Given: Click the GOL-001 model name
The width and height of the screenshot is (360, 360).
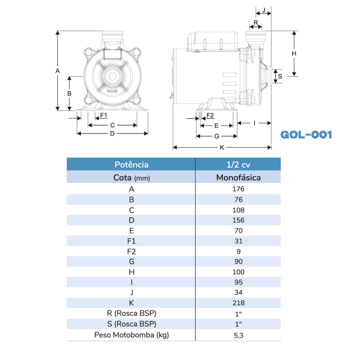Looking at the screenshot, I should pos(306,135).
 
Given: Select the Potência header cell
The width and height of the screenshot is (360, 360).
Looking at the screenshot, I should pos(131,165).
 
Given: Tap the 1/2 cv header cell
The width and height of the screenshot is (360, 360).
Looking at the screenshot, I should pos(238,165).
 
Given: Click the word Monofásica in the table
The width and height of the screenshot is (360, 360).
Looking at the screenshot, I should pos(238,177).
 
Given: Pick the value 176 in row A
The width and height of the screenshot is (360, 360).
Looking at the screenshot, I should pos(238,189).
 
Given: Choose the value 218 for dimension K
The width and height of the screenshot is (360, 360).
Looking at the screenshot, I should pos(238,303).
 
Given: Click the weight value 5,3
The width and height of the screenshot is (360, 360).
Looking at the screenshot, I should pos(238,335).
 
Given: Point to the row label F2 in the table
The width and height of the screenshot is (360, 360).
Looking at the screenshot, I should pos(131,251).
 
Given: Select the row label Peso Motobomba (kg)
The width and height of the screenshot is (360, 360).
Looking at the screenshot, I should pos(131,335).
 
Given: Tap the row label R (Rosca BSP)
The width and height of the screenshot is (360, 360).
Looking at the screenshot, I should pos(131,313).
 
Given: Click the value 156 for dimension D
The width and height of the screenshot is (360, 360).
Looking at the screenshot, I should pos(238,220).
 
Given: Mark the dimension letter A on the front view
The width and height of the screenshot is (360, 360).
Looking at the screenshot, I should pos(57,71).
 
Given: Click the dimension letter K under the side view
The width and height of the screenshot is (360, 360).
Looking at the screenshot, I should pos(222,148).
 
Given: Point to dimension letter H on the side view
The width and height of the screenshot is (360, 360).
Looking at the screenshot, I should pos(294,54).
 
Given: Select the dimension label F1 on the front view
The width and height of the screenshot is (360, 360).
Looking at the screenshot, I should pos(103,116).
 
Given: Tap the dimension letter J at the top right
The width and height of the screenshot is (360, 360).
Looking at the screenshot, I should pos(264,9).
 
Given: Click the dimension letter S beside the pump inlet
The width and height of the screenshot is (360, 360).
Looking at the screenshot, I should pos(280,76).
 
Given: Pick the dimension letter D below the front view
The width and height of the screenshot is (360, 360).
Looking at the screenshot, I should pos(112,134).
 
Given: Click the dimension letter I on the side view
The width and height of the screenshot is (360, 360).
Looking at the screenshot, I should pos(255,122).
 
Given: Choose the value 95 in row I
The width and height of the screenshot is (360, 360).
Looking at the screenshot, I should pos(238,282).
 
